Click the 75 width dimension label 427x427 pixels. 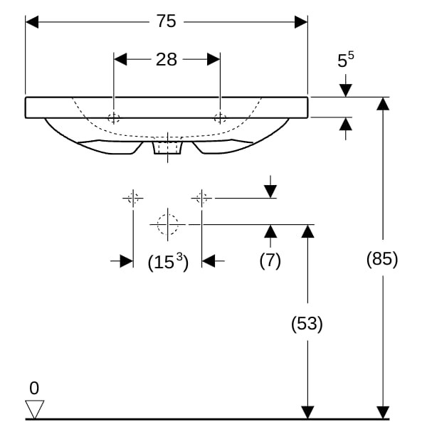point(166,21)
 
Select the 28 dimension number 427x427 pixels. point(166,59)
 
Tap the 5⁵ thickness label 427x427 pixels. point(346,59)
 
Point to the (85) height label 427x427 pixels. point(382,259)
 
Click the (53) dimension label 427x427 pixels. point(307,324)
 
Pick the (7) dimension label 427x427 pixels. point(270,260)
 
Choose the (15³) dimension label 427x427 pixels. point(168,262)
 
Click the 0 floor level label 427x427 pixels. point(34,388)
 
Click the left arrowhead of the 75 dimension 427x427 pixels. point(32,22)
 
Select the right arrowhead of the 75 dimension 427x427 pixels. point(301,22)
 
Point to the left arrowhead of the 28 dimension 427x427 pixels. point(120,59)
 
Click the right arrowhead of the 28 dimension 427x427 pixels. point(213,59)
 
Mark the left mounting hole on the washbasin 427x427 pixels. point(114,118)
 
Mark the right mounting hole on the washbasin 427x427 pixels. point(220,118)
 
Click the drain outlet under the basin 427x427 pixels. point(167,147)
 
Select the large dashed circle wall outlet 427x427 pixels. point(167,224)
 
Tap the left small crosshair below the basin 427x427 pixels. point(133,199)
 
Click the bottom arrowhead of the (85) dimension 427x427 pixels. point(383,413)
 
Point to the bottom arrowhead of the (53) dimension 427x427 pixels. point(307,413)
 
